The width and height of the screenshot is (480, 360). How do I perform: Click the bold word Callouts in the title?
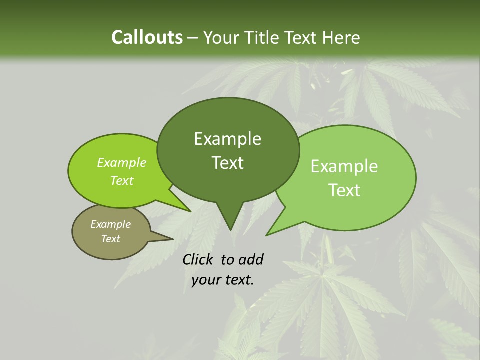[147, 37]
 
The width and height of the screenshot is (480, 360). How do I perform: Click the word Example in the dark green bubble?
[227, 139]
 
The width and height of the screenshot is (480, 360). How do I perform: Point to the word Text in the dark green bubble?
[227, 163]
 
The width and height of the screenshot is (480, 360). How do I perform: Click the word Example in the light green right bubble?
[344, 166]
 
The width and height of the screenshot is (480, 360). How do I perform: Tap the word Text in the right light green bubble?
[344, 190]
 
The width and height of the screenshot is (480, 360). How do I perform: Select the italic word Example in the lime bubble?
[122, 162]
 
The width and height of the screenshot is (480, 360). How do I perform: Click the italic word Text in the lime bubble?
[122, 180]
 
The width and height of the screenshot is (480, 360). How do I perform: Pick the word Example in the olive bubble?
[111, 224]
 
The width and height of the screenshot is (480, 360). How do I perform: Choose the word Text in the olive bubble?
[111, 239]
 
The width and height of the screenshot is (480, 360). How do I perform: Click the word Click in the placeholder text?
[199, 259]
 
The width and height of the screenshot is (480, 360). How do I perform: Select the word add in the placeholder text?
[250, 259]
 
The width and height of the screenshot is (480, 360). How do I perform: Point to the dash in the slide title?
[193, 38]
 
